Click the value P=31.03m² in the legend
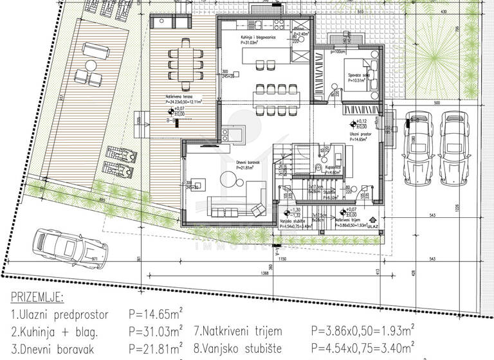[154, 332]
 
